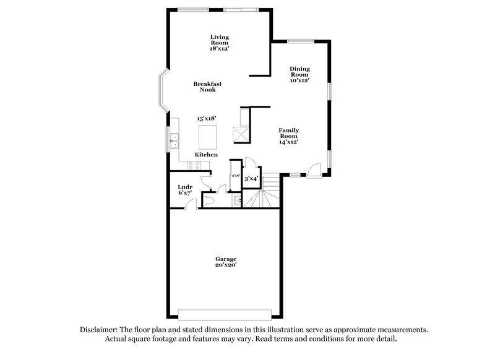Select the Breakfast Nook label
(x=207, y=87)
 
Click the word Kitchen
(x=206, y=154)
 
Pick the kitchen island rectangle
(x=209, y=135)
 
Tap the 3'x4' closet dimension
(x=251, y=179)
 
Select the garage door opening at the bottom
(x=224, y=311)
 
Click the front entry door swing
(x=314, y=169)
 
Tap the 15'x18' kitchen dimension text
(x=207, y=118)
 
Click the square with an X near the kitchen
(x=240, y=132)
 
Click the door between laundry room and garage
(x=194, y=204)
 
